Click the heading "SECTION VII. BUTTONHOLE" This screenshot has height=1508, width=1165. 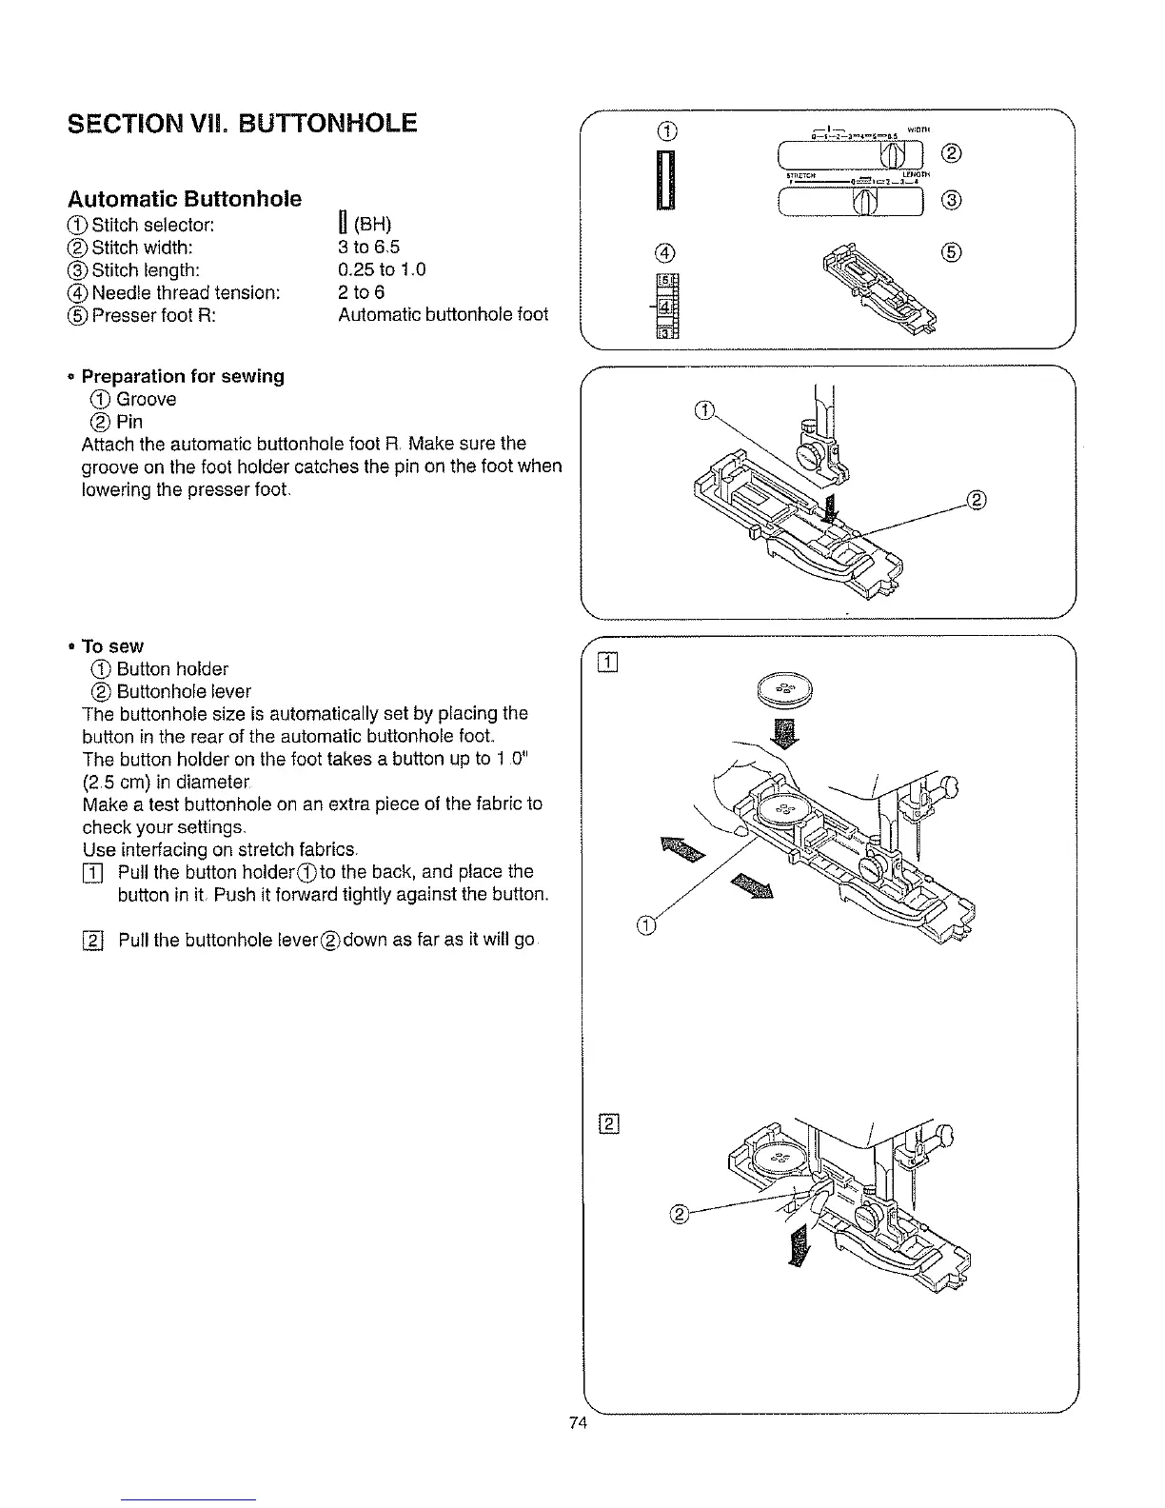pos(242,123)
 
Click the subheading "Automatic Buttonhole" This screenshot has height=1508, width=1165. pos(185,199)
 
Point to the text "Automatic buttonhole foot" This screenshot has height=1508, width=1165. pos(443,314)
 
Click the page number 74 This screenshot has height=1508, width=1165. pos(576,1424)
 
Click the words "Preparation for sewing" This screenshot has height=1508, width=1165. pos(183,376)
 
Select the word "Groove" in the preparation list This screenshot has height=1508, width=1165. pos(146,399)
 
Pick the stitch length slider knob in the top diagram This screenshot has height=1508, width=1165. pos(865,201)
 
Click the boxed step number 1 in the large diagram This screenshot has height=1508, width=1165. pos(608,663)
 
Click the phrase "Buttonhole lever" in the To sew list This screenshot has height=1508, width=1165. pos(184,691)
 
